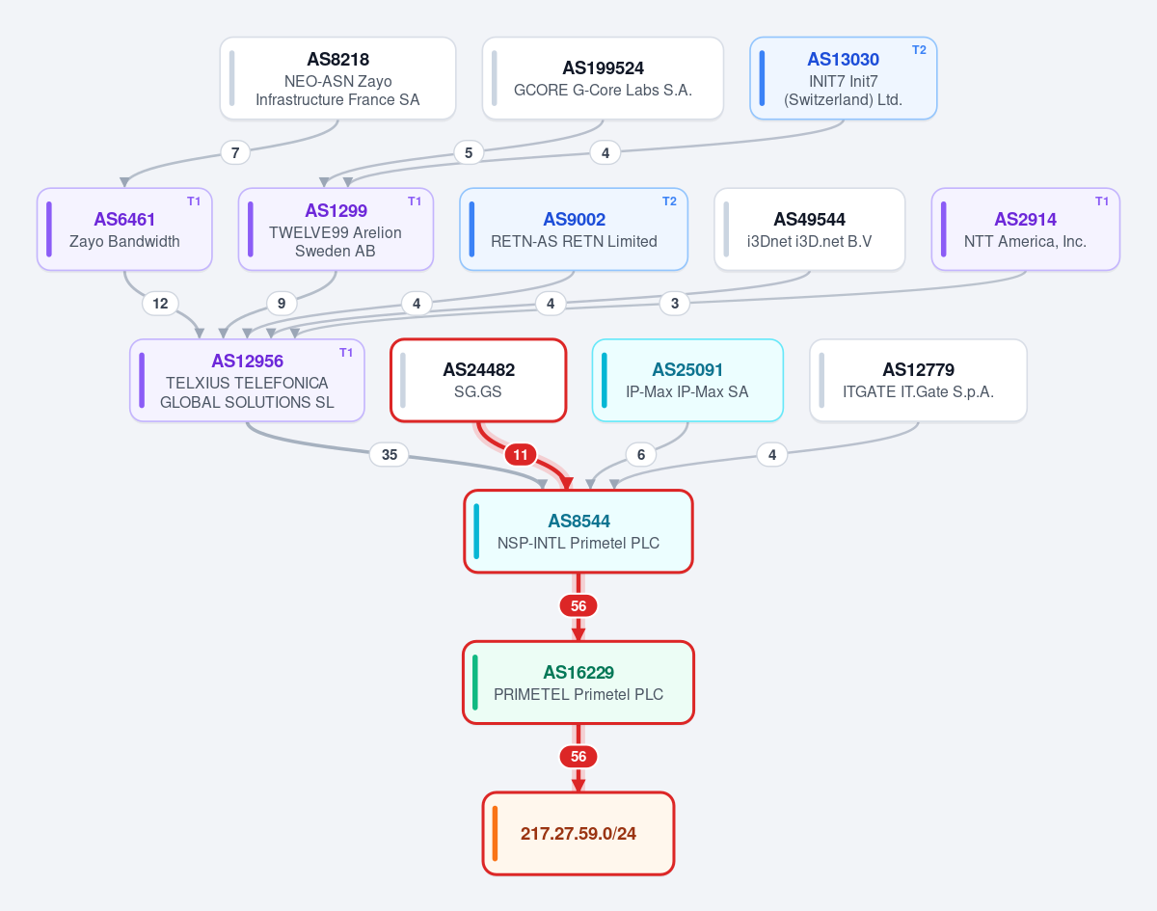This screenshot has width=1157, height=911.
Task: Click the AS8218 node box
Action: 337,78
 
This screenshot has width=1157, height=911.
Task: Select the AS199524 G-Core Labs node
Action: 603,78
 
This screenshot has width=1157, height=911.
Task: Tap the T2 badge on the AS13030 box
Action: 919,50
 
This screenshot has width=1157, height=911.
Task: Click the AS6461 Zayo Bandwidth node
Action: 124,229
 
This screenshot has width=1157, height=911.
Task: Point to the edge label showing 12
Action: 160,304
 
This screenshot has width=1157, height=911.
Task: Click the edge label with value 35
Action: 390,454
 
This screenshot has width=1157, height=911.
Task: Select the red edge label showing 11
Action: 521,455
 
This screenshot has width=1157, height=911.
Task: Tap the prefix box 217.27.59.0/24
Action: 578,834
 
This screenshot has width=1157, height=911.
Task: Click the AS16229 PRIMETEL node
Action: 578,683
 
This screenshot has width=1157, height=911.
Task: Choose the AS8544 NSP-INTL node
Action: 578,531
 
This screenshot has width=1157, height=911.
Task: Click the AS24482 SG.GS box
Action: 478,380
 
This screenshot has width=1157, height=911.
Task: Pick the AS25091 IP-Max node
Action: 687,380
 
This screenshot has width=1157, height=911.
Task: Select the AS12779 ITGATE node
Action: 918,380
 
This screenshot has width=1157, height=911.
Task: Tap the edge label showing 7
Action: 235,152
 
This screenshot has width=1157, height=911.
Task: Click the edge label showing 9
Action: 282,304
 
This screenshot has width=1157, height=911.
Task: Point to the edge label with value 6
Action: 641,454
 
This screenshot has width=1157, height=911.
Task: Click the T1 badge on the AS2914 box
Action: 1102,201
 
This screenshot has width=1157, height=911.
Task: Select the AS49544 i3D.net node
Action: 810,229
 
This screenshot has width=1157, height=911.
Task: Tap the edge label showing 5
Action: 469,152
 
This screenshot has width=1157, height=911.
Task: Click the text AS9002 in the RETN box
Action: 575,220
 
